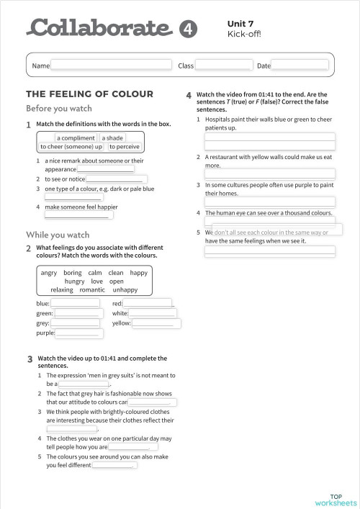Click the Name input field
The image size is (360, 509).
[x=111, y=66]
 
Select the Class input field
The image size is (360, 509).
[x=223, y=66]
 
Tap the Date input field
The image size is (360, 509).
[x=300, y=66]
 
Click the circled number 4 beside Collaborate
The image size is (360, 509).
[x=186, y=28]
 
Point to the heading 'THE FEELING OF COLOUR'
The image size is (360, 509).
[x=89, y=94]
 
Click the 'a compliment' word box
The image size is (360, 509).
[x=76, y=138]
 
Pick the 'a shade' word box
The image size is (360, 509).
[x=112, y=138]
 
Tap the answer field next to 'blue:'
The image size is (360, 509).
[x=75, y=303]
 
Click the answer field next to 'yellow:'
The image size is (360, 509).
[x=153, y=323]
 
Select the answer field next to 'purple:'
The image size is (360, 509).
[x=76, y=333]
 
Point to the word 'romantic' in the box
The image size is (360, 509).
[x=97, y=290]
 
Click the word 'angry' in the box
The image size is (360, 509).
[x=49, y=273]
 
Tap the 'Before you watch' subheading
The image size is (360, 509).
[x=59, y=109]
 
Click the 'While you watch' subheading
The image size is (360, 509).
[x=58, y=235]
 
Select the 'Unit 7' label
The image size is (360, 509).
[x=240, y=24]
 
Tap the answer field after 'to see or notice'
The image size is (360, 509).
[x=117, y=179]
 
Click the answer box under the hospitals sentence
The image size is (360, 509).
[x=270, y=137]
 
